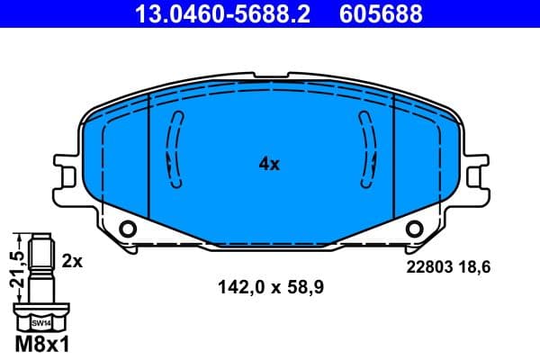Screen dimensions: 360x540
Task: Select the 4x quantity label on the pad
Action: tap(270, 164)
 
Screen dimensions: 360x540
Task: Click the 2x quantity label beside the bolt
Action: tap(73, 261)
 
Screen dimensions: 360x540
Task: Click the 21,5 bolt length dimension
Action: tap(13, 268)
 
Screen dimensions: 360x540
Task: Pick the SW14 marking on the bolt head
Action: tap(42, 321)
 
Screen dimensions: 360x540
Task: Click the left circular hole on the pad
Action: tap(127, 229)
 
